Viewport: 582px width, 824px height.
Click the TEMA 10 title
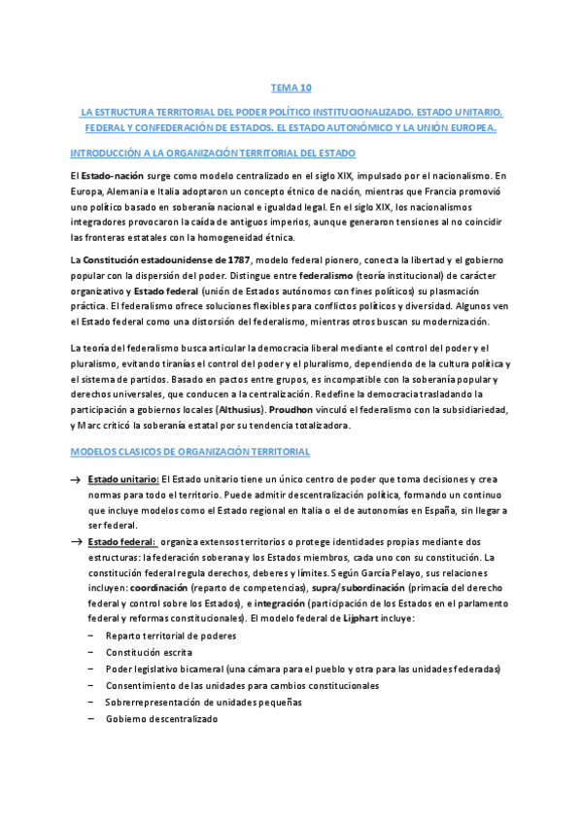(291, 87)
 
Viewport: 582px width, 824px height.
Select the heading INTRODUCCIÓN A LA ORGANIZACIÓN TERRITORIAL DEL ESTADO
(214, 154)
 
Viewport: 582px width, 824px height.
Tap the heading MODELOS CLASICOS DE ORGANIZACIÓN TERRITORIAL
(190, 452)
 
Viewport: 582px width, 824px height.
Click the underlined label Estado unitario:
(123, 480)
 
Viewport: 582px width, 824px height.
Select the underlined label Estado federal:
(122, 541)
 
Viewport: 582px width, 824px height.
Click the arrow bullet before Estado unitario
(75, 480)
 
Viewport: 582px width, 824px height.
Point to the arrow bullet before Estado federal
(75, 541)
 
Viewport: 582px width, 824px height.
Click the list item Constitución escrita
(149, 625)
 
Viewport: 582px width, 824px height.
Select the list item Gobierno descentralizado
(162, 719)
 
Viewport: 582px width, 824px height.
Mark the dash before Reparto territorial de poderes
(90, 609)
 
